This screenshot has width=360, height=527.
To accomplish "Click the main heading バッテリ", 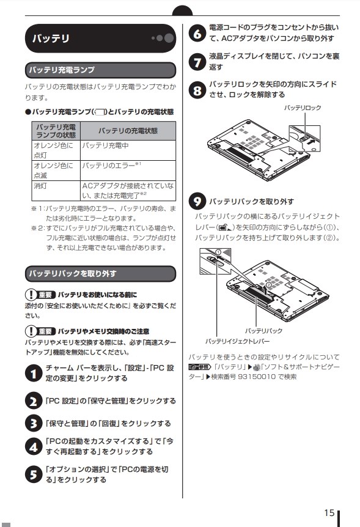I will coord(51,39).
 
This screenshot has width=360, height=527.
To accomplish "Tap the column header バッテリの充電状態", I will coord(128,130).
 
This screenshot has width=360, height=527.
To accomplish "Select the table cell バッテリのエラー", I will coord(110,166).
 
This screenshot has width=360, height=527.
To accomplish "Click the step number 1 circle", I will coord(33,374).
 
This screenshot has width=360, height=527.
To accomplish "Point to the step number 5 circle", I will coord(33,474).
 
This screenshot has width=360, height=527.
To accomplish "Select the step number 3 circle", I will coord(33,423).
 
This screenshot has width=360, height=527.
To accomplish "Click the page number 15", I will coord(329,512).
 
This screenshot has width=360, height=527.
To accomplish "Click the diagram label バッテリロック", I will coord(303,108).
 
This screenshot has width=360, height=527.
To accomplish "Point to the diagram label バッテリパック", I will coord(263,330).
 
